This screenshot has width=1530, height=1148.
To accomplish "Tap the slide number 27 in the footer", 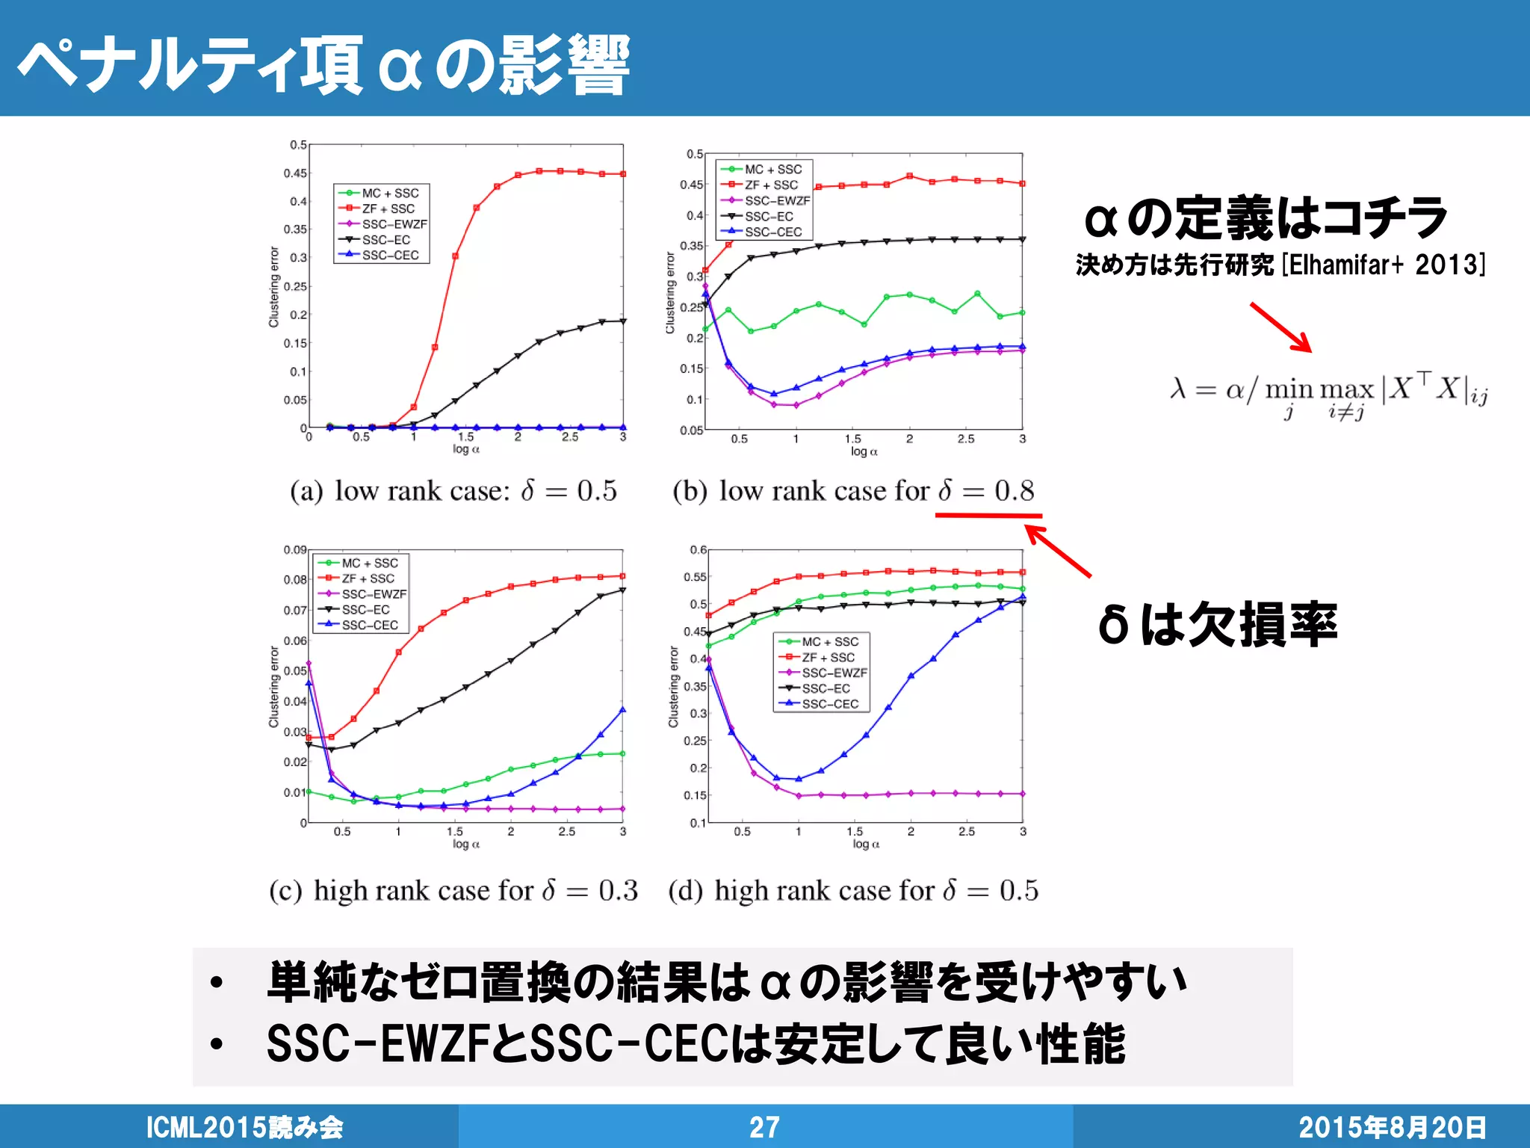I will [x=764, y=1127].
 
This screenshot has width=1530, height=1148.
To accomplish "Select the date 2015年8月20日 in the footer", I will [x=1392, y=1127].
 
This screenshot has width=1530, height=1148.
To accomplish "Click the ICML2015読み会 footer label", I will [x=244, y=1127].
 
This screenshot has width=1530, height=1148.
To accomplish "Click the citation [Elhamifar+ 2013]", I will [x=1383, y=265].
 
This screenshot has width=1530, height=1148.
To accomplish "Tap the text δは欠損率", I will [x=1217, y=625].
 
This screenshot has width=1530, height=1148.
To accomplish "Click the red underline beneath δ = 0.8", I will [x=988, y=516].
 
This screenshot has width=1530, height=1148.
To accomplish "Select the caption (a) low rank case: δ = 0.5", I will [x=453, y=491].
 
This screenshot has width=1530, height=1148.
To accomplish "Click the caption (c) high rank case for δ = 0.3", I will [x=453, y=891].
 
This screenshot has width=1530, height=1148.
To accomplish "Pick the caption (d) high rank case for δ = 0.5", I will [x=853, y=891].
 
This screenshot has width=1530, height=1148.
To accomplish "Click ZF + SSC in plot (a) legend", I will [x=388, y=209].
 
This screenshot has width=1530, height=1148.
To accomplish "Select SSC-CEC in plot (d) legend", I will [x=830, y=704].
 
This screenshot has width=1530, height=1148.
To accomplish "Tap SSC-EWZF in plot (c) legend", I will [x=374, y=594].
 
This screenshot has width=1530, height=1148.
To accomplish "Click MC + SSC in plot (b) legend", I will [x=772, y=170].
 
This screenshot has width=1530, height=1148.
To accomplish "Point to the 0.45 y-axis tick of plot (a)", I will [x=295, y=173].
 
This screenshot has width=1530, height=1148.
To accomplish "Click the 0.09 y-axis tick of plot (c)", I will [x=295, y=550].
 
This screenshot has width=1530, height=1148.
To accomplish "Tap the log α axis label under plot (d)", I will [x=866, y=844].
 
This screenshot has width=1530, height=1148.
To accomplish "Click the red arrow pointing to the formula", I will [x=1280, y=327].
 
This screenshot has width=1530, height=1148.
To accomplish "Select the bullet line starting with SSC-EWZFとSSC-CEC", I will [x=695, y=1044].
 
